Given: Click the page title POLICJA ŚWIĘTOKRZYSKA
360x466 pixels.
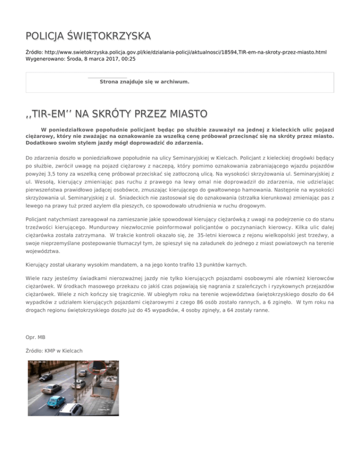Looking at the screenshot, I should click(x=88, y=36).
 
